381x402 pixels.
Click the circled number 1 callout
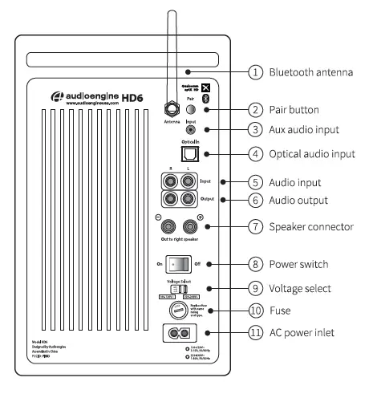pyautogui.click(x=254, y=73)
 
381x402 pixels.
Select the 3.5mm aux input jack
pyautogui.click(x=190, y=128)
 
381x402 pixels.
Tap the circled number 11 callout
pyautogui.click(x=254, y=332)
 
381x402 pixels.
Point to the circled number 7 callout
pyautogui.click(x=254, y=227)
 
